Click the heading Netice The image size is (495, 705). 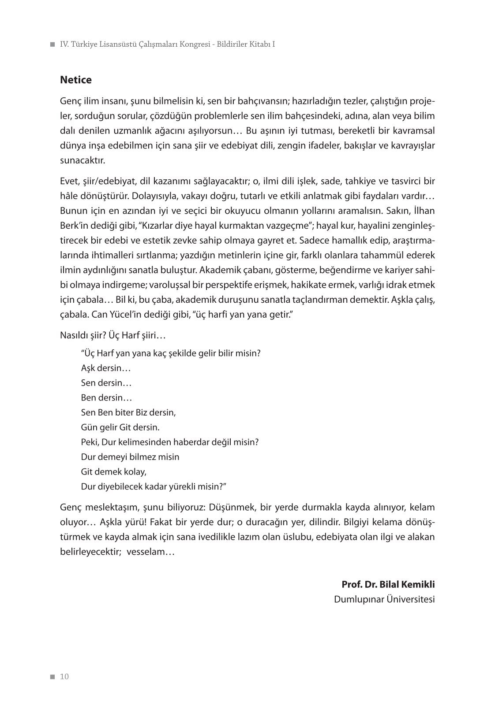pyautogui.click(x=75, y=80)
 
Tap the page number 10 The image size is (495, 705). pyautogui.click(x=64, y=677)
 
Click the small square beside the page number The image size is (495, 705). pyautogui.click(x=53, y=677)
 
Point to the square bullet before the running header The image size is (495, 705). pyautogui.click(x=53, y=45)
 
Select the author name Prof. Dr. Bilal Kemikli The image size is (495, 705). pyautogui.click(x=388, y=584)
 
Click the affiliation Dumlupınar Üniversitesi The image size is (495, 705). pyautogui.click(x=384, y=599)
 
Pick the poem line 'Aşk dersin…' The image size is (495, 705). pyautogui.click(x=106, y=368)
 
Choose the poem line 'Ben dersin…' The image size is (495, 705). pyautogui.click(x=106, y=397)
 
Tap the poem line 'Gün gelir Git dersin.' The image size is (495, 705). pyautogui.click(x=120, y=427)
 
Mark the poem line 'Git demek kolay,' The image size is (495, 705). pyautogui.click(x=113, y=471)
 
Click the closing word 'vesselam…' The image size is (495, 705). pyautogui.click(x=150, y=552)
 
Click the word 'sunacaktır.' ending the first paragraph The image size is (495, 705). pyautogui.click(x=82, y=160)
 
